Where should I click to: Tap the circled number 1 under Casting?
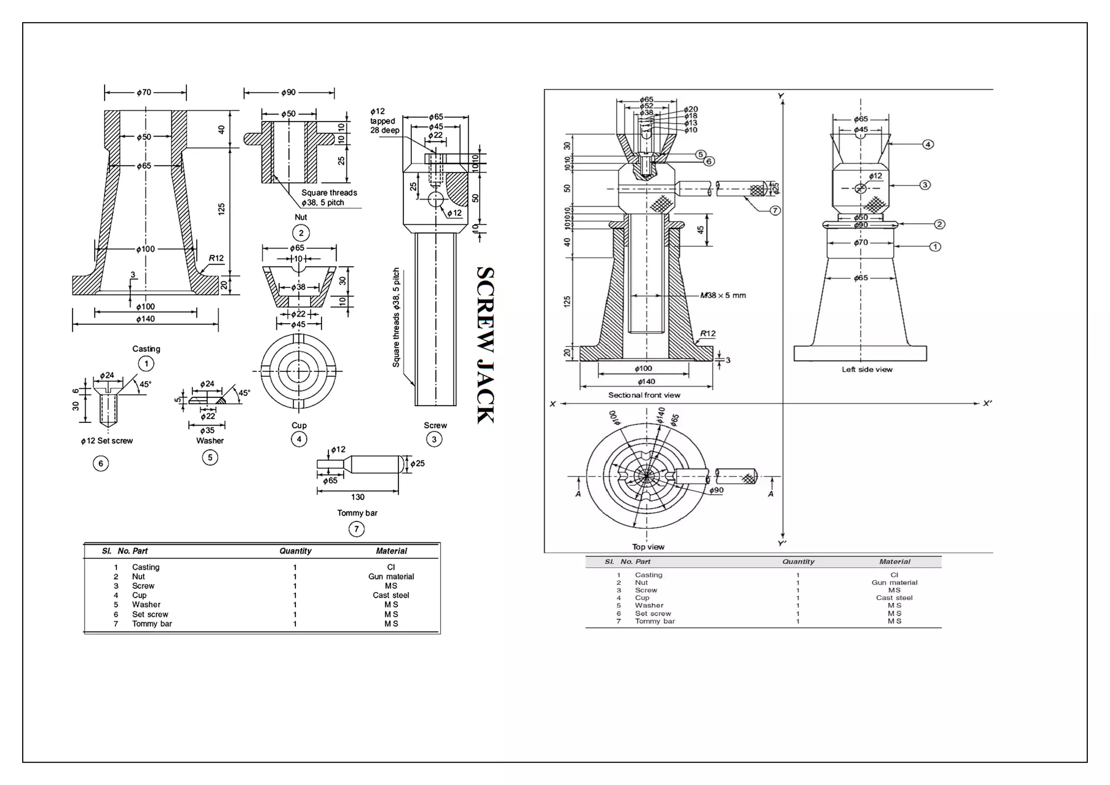pos(146,363)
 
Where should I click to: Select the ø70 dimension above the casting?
pos(144,93)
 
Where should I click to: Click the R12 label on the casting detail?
pos(216,258)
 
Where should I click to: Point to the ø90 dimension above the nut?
pos(288,93)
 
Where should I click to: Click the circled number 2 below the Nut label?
pos(301,233)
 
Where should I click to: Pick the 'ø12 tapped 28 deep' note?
pos(384,121)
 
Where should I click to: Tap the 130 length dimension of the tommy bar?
pos(358,497)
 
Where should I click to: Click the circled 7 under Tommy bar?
pos(356,529)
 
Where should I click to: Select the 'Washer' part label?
pos(210,441)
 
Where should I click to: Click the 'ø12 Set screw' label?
pos(107,441)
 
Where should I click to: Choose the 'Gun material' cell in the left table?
pos(391,576)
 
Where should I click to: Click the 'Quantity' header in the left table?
pos(295,551)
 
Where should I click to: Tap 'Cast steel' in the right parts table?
pos(894,597)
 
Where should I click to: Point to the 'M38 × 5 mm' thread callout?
pos(723,295)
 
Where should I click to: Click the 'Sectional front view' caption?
pos(644,395)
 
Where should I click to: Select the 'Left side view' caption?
pos(867,369)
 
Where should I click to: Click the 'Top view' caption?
pos(648,546)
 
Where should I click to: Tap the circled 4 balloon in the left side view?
pos(928,144)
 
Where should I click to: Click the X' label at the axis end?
pos(987,403)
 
